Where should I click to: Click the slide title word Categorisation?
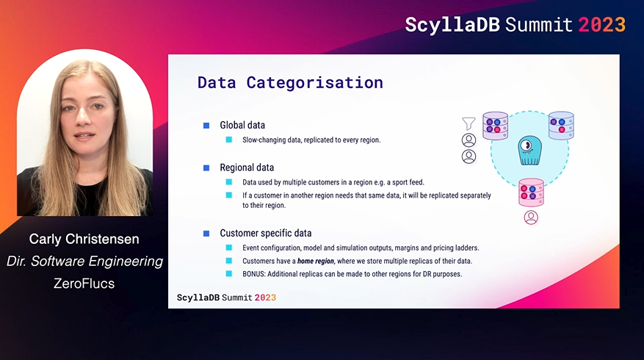pos(314,82)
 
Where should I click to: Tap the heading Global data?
pos(242,125)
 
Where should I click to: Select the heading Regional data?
pos(247,168)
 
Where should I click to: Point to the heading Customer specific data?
pos(266,233)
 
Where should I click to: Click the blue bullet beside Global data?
pos(206,126)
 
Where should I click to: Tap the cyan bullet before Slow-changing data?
pos(229,140)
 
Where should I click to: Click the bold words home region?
pos(316,261)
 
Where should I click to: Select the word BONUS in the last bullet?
pos(253,274)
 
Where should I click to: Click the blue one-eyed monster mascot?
pos(530,151)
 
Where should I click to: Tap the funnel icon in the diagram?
pos(468,123)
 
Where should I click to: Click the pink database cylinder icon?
pos(531,192)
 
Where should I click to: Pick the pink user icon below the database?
pos(531,217)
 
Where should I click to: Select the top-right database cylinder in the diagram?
pos(561,126)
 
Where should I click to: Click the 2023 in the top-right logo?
pos(601,25)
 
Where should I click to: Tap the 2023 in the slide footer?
pos(265,298)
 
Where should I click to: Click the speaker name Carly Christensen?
pos(84,239)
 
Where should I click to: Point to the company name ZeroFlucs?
pos(84,283)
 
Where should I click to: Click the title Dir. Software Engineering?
pos(84,261)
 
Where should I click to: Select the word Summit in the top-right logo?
pos(538,25)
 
